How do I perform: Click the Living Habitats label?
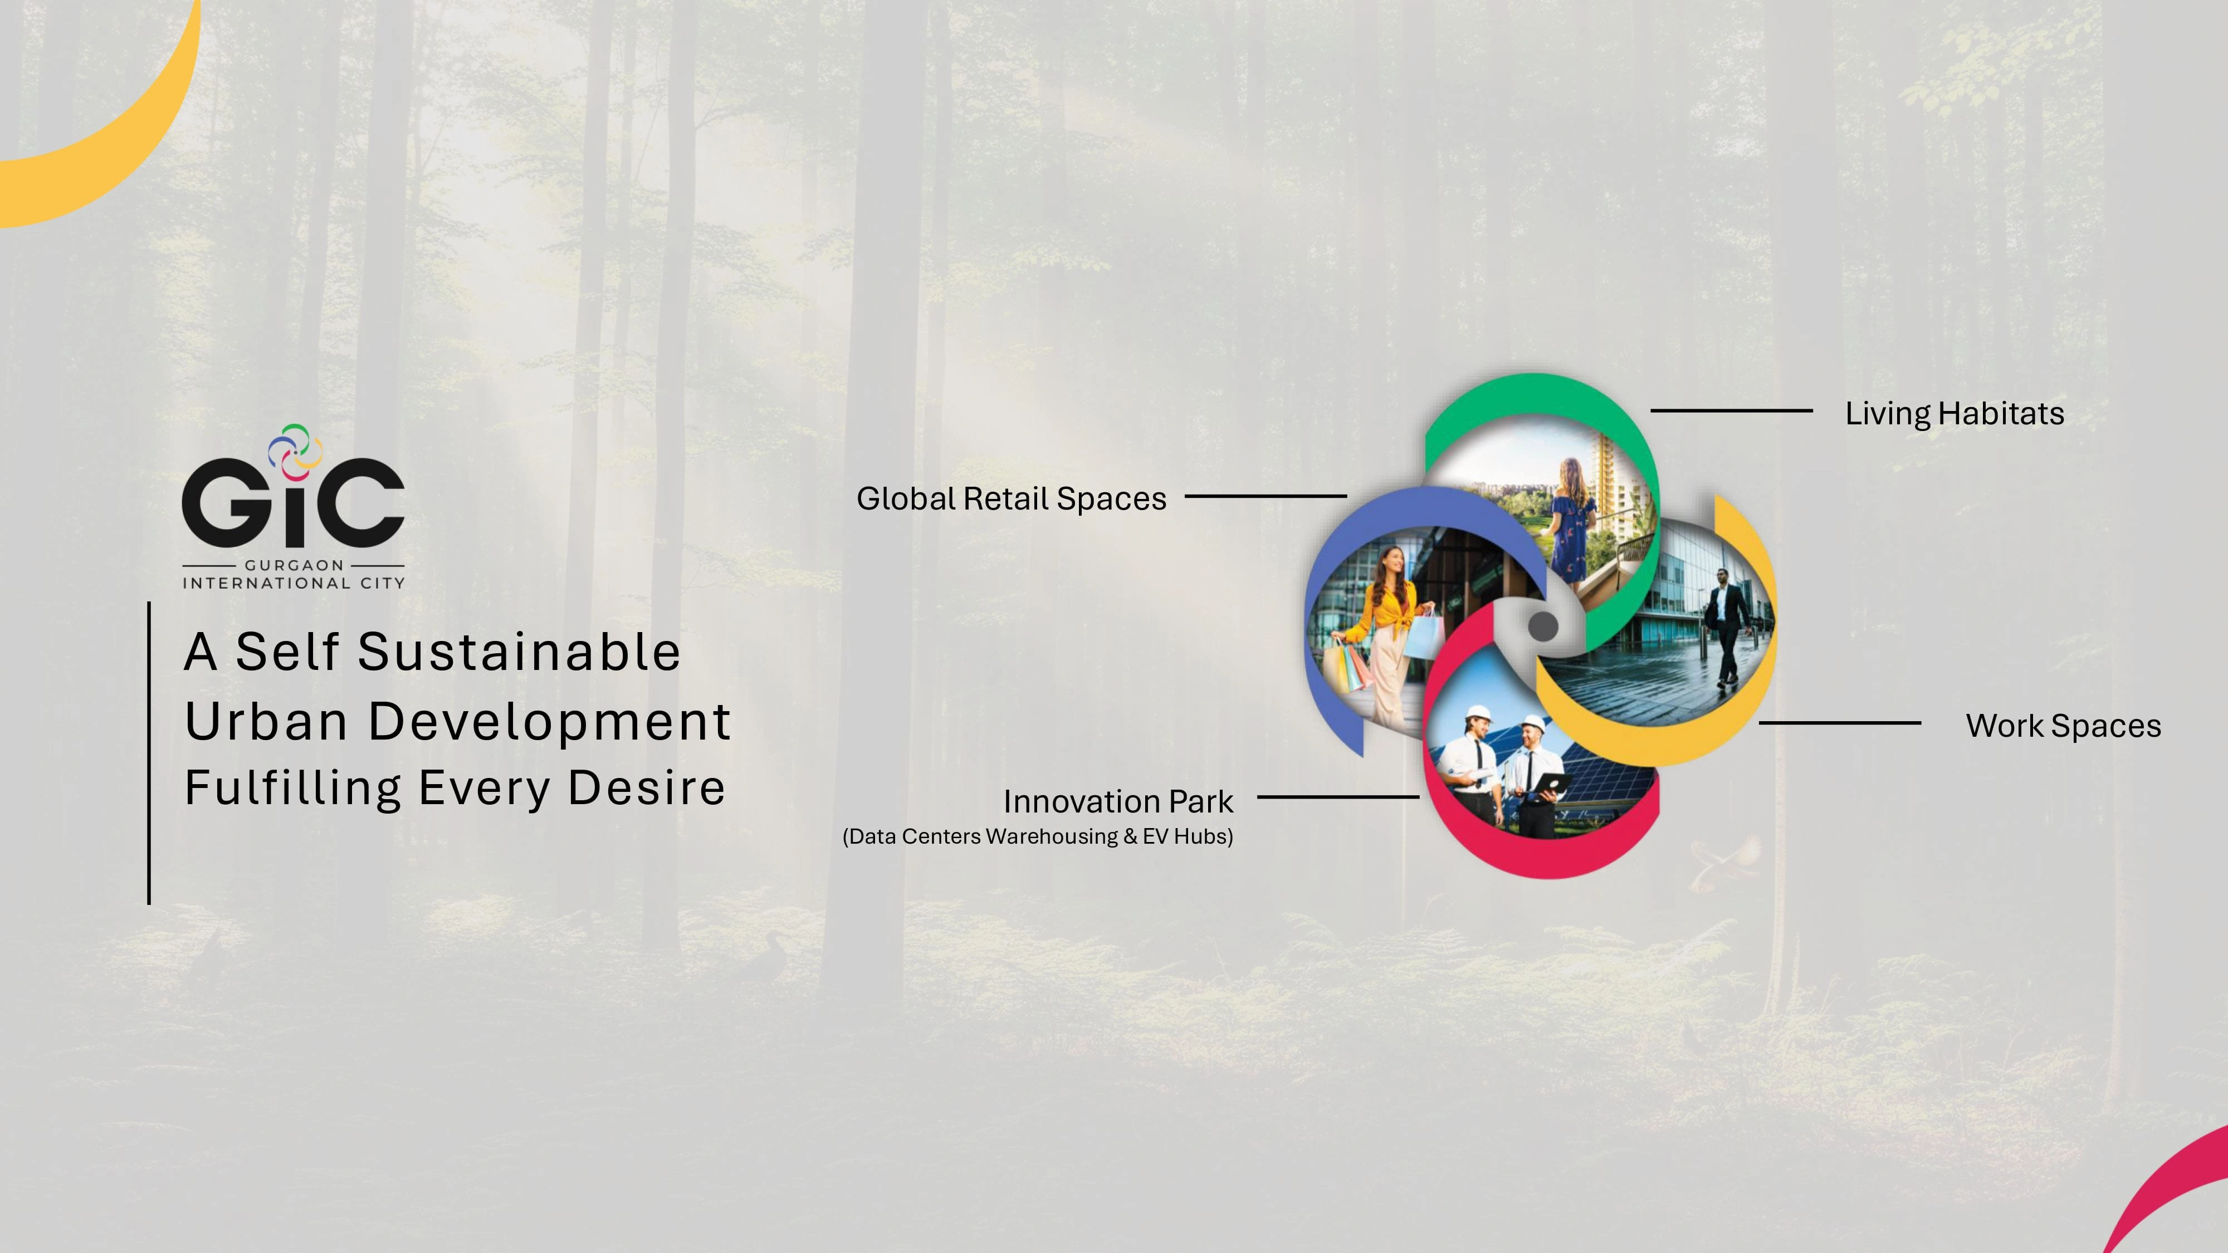click(x=1955, y=413)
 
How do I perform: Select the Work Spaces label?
click(x=2063, y=726)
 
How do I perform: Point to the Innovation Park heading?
click(x=1117, y=801)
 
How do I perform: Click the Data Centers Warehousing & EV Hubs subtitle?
click(x=1038, y=836)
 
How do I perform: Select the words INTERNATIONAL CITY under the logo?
click(x=293, y=583)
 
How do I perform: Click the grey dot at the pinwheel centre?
click(x=1542, y=626)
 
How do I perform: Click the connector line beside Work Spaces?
click(x=1840, y=723)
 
